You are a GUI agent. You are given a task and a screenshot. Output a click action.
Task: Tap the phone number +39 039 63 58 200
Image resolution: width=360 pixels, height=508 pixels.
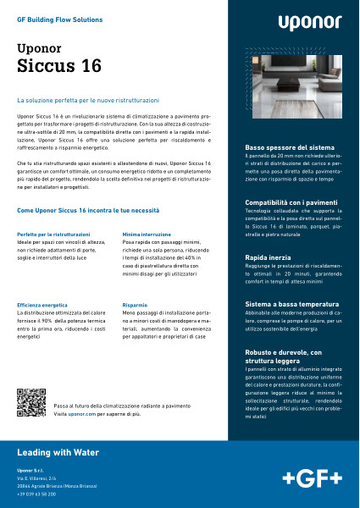click(x=36, y=493)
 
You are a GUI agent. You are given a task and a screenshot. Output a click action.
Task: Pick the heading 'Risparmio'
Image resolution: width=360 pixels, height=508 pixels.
click(x=136, y=304)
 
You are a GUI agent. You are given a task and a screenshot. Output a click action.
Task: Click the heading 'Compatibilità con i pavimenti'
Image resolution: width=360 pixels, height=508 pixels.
click(x=285, y=203)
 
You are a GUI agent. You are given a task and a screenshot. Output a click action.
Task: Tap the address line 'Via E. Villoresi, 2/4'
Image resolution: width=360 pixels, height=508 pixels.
click(x=36, y=478)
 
